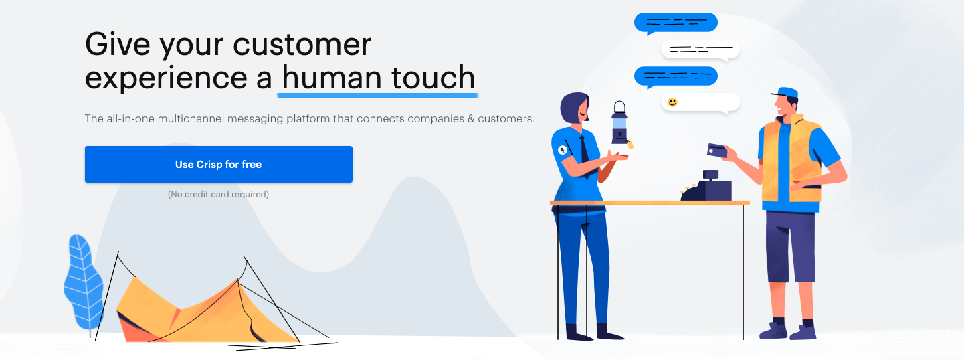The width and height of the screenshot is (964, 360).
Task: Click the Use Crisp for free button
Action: (219, 164)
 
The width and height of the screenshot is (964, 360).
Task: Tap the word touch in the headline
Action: (433, 78)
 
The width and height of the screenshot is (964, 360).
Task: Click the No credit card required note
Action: (218, 194)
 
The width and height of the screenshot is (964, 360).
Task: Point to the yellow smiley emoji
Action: (672, 102)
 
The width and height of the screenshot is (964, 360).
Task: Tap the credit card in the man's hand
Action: (717, 151)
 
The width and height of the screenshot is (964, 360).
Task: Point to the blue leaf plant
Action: (83, 282)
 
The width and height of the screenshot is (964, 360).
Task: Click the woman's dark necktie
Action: (585, 151)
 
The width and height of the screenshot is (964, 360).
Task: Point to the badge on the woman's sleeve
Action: (562, 150)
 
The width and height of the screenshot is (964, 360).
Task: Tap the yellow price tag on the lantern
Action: (630, 145)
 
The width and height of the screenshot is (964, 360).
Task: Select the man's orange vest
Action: (791, 161)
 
